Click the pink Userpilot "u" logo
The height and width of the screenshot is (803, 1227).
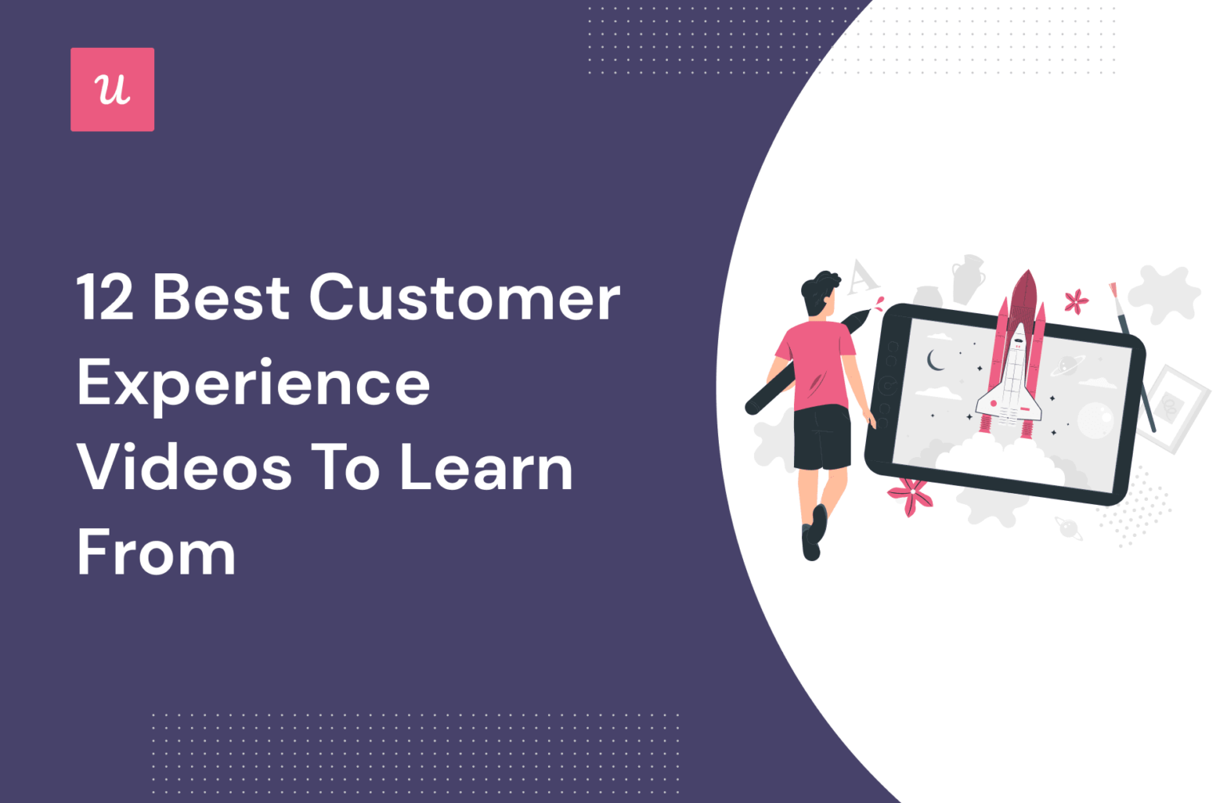[112, 89]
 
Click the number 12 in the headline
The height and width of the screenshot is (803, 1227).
[105, 298]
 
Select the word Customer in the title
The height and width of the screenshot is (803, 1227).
[464, 298]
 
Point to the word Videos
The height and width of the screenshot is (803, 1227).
[185, 469]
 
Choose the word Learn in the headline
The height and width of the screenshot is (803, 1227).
[486, 469]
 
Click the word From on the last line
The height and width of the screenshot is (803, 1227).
[157, 553]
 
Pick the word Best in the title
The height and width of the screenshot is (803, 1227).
[221, 298]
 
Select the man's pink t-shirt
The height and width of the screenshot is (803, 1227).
[816, 364]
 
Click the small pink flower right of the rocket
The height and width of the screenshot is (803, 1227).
[1076, 301]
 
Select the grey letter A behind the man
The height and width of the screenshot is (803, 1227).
[861, 277]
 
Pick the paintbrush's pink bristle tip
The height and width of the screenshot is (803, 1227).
[1113, 291]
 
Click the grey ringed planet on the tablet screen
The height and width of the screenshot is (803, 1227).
[1066, 365]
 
